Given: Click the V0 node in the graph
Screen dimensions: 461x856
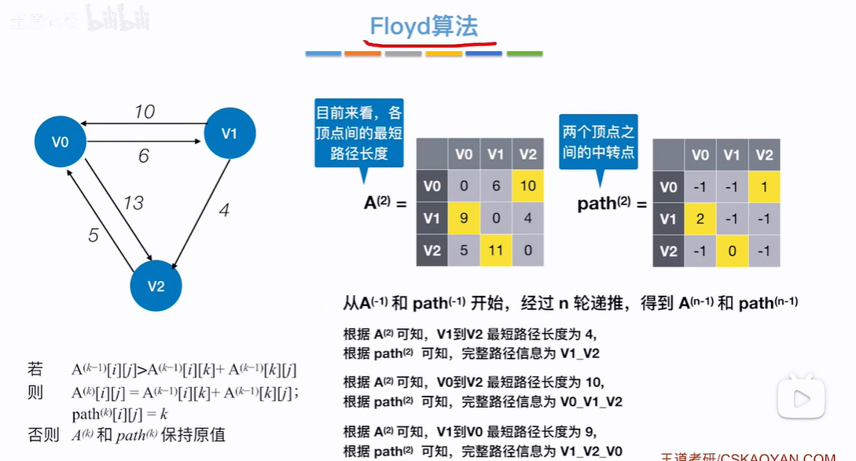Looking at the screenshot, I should pos(61,142).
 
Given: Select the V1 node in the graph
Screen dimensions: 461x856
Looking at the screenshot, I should pos(230,133).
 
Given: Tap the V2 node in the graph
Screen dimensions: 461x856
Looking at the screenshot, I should pos(156,286).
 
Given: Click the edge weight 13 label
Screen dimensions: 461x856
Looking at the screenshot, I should pos(134,203).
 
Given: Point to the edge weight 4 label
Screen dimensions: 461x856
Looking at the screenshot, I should pos(224,211).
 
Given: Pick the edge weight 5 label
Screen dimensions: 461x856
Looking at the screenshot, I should pos(94,235).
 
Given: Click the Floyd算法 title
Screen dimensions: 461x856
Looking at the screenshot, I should pos(424,27).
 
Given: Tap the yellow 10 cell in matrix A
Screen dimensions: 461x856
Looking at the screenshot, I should pos(527,186).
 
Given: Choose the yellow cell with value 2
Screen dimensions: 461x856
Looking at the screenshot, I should pos(700,219).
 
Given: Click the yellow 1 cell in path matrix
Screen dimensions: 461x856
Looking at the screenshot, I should pos(763,187).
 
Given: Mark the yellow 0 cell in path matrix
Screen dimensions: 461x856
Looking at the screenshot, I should pos(732,252).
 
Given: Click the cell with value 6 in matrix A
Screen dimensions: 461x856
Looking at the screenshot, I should pos(496,186).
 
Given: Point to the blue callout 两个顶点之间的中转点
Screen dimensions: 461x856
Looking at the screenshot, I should pos(598,142).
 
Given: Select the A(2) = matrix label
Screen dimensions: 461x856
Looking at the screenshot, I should pos(385,203).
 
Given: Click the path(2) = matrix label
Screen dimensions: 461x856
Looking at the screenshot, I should pos(612,205).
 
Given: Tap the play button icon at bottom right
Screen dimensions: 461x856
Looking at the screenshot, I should pos(802,399).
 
